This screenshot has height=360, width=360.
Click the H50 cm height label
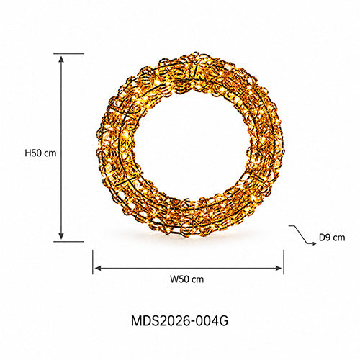40,153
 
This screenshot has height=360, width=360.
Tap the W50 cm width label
187,279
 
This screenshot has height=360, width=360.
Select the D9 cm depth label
332,238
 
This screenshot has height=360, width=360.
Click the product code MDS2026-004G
179,320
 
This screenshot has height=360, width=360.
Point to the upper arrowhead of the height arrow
61,59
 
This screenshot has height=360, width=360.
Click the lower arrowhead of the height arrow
61,236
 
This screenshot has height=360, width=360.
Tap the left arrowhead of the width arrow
98,268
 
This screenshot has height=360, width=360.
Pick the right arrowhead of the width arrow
279,268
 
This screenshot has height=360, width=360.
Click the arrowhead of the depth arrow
314,243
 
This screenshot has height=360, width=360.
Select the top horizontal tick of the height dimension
69,54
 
